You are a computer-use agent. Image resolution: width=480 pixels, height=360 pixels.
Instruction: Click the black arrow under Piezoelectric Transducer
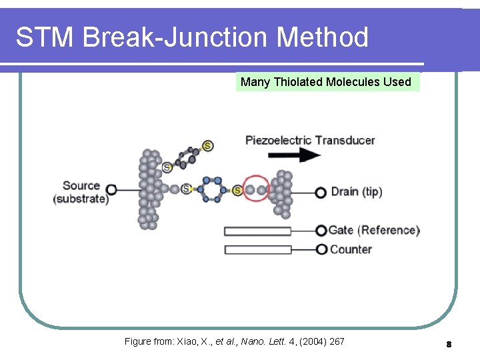(x=293, y=155)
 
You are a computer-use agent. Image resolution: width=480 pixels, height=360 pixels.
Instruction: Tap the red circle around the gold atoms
(x=255, y=190)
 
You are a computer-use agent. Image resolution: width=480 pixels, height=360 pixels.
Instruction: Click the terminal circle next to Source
(x=111, y=191)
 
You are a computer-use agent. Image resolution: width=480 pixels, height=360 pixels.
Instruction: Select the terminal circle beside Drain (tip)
(x=321, y=192)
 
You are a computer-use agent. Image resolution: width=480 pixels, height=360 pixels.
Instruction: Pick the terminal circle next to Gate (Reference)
(x=321, y=231)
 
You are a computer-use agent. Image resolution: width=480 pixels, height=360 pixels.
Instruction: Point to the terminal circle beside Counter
(x=321, y=249)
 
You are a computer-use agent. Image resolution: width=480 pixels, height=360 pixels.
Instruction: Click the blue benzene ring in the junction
(x=212, y=189)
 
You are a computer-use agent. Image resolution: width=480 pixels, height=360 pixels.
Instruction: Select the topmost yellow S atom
(x=207, y=145)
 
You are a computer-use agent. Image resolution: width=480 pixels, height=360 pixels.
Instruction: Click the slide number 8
(x=449, y=344)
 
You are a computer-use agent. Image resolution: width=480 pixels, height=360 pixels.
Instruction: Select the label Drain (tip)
(x=357, y=192)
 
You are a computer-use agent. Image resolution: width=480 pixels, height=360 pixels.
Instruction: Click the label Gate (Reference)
(x=374, y=231)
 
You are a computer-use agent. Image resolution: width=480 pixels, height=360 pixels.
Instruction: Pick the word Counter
(x=351, y=249)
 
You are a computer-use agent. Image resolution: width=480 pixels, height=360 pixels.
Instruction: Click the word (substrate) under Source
(x=81, y=199)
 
